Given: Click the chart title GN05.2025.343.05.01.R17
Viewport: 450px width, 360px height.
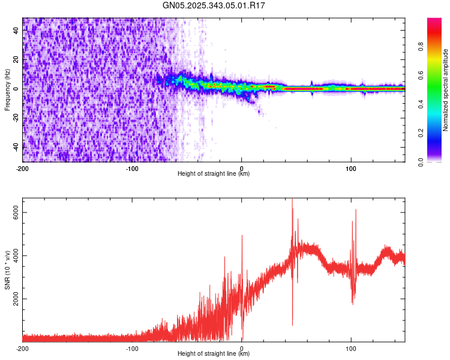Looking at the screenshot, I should pos(214,5).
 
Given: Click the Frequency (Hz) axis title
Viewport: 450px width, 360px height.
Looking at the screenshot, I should pos(7,90).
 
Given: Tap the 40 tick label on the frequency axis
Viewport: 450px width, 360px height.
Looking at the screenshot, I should pos(16,31).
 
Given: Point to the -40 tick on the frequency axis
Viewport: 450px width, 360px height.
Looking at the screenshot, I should pos(16,146).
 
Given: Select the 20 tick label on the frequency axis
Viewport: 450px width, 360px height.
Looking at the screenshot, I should pos(16,59).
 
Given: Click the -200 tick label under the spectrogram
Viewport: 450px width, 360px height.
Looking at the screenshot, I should pos(23,168).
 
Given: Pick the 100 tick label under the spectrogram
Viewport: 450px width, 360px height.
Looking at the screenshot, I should pos(351,168).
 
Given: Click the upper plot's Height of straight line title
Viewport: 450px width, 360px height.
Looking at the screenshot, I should pos(214,174).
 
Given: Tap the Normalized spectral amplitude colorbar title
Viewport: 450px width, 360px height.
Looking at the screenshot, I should pos(445,90).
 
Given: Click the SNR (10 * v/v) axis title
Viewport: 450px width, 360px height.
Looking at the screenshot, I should pos(7,270).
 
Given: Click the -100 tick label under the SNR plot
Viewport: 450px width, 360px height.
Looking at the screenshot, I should pos(132,348).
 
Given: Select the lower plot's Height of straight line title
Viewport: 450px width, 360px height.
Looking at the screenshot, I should pos(214,354).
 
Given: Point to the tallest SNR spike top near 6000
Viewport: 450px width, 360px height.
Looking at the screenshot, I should pos(292,200).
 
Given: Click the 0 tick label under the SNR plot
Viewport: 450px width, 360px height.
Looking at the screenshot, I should pos(242,348).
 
